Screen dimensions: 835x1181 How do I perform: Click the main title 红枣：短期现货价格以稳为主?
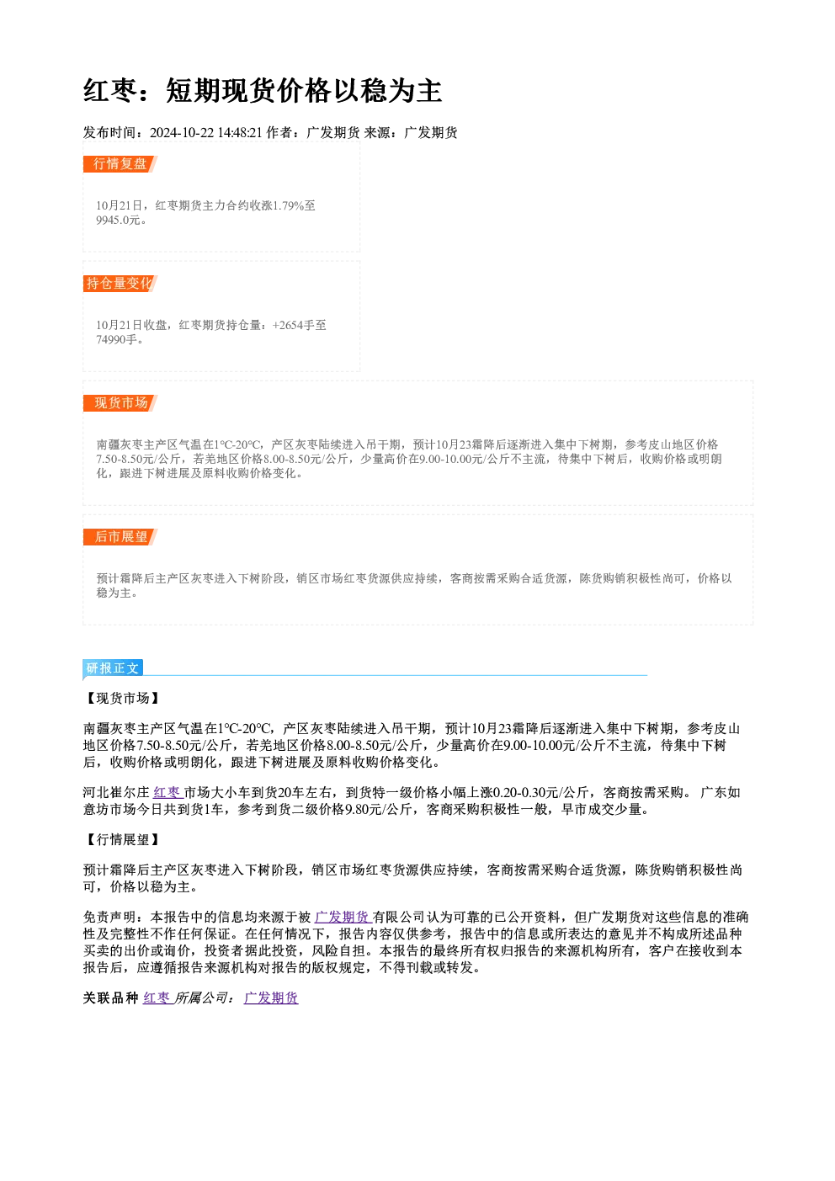click(x=262, y=91)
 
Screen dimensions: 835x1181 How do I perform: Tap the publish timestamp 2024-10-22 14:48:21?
click(x=205, y=132)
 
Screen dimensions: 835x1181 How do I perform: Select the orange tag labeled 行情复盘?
click(x=120, y=164)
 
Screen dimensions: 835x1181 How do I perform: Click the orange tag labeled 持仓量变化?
click(x=120, y=284)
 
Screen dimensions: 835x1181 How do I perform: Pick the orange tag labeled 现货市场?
click(x=120, y=403)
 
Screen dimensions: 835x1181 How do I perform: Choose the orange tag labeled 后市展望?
click(x=120, y=537)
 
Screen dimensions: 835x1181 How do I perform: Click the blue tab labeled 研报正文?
click(x=113, y=668)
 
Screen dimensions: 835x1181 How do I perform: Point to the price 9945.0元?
click(x=118, y=220)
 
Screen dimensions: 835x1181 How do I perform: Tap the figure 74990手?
click(x=116, y=339)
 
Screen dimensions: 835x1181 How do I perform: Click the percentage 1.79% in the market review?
click(x=287, y=205)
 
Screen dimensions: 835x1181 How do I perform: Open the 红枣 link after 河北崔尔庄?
click(x=167, y=792)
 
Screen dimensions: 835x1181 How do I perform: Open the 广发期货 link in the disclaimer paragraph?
click(x=342, y=917)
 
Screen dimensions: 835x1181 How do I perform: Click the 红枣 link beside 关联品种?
click(x=157, y=998)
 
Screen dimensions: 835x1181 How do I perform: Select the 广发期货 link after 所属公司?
click(x=271, y=998)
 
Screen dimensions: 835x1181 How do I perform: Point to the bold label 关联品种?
click(x=111, y=998)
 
